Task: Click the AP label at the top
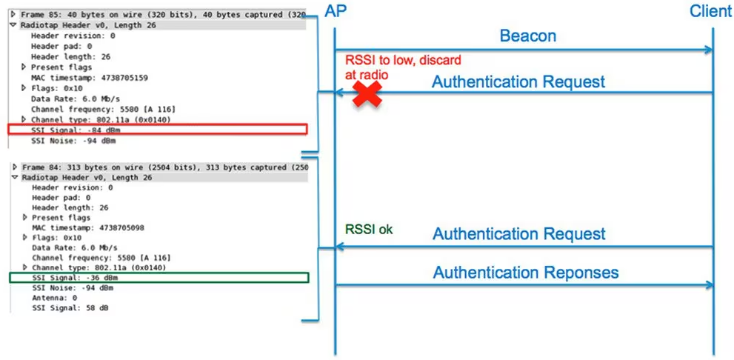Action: [x=335, y=10]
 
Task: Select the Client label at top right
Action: [x=710, y=10]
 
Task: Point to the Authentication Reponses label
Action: [x=525, y=273]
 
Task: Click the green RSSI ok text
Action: [x=369, y=230]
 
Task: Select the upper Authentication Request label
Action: [x=518, y=81]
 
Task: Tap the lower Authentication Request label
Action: [x=518, y=234]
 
